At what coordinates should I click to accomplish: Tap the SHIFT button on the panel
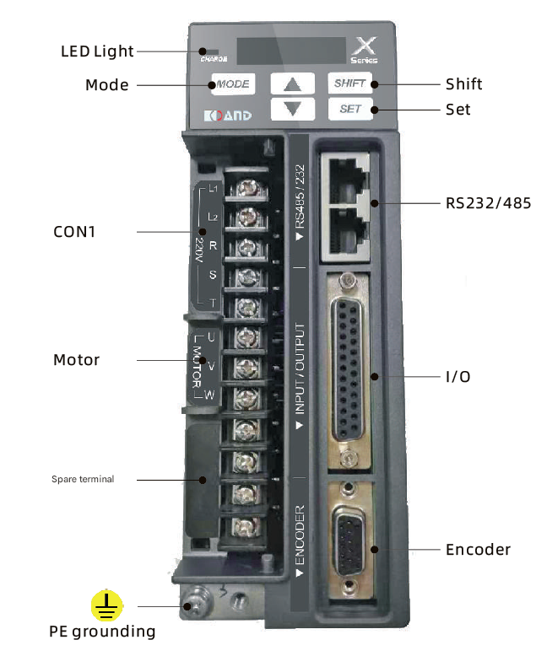(x=349, y=83)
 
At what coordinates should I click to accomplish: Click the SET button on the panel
(x=349, y=110)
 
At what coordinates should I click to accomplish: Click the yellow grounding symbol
(x=107, y=605)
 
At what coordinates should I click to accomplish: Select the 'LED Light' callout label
(x=97, y=51)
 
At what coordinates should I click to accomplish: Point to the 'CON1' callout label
(x=74, y=230)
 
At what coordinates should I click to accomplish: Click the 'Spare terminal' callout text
(x=83, y=480)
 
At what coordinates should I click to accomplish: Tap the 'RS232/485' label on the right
(x=488, y=203)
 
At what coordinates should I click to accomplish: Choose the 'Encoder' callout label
(x=478, y=550)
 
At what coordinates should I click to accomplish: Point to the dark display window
(x=290, y=51)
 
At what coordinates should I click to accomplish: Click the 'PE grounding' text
(x=102, y=632)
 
